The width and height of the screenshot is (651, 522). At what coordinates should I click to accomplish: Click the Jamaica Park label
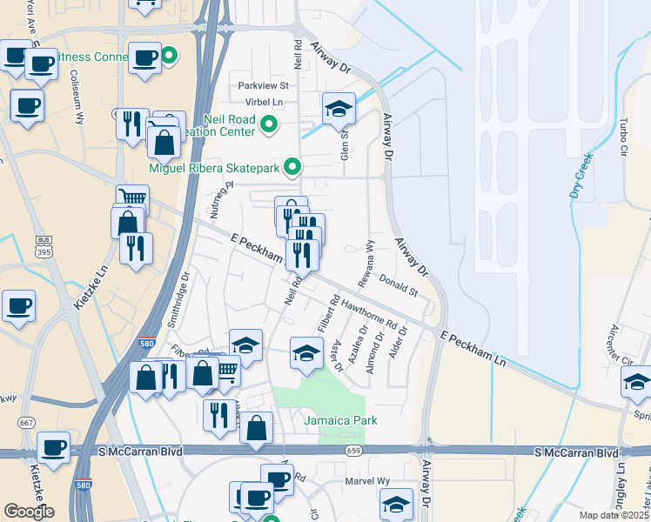pyautogui.click(x=340, y=420)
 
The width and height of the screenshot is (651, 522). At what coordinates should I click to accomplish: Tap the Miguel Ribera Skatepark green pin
pyautogui.click(x=293, y=165)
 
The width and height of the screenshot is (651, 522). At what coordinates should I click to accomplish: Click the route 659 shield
pyautogui.click(x=352, y=451)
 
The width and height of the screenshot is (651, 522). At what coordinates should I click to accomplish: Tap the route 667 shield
pyautogui.click(x=24, y=423)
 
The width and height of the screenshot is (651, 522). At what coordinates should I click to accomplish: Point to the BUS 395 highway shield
pyautogui.click(x=44, y=245)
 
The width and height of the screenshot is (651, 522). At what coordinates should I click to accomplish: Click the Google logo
pyautogui.click(x=30, y=511)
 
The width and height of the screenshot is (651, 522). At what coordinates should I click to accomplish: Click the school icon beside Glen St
pyautogui.click(x=339, y=110)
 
